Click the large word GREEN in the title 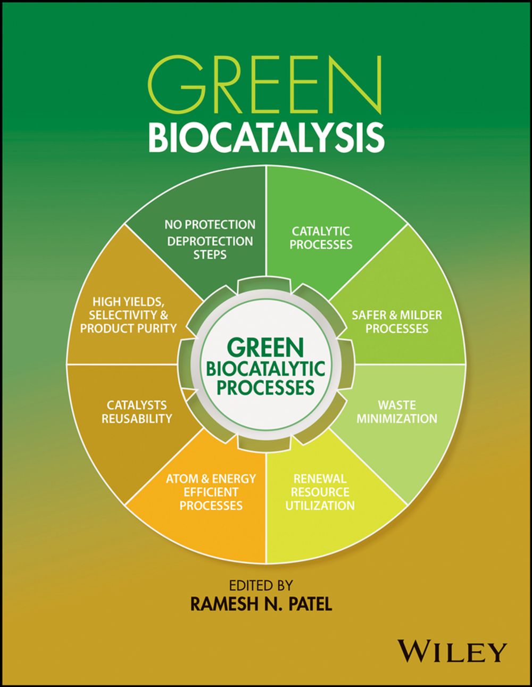coord(265,85)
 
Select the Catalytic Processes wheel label coord(321,238)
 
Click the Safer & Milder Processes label coord(397,321)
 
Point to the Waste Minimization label coord(397,412)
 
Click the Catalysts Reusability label coord(137,412)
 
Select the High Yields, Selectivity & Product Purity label coord(128,315)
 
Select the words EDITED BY coord(261,585)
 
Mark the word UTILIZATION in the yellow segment coord(320,505)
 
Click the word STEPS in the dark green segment coord(210,254)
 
